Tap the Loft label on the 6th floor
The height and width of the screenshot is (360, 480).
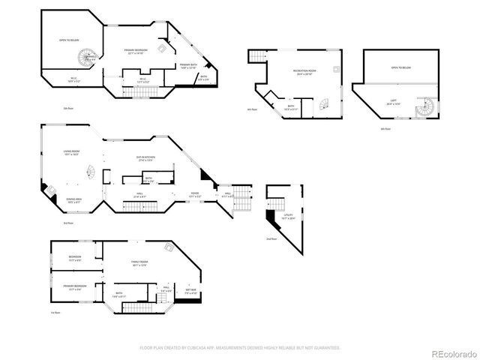392,103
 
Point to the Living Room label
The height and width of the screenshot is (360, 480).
73,153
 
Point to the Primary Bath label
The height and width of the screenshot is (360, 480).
188,66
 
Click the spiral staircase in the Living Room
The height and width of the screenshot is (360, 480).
90,172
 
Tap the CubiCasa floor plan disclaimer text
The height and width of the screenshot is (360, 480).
240,347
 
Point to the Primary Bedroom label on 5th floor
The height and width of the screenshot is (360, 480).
136,52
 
